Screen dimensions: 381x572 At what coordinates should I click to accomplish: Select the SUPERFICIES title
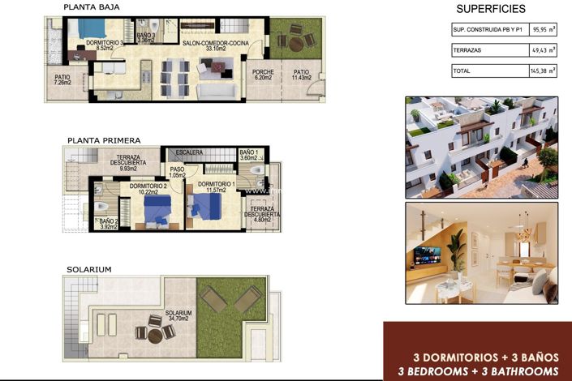490,9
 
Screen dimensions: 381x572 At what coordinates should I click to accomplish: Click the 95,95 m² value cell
544,30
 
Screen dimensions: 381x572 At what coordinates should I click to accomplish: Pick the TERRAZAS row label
470,50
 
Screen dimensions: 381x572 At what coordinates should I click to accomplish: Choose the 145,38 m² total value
544,71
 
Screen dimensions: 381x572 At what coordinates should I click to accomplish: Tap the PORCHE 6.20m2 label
261,75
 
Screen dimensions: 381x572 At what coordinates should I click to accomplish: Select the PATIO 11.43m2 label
301,75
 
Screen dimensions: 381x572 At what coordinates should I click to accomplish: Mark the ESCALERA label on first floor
188,152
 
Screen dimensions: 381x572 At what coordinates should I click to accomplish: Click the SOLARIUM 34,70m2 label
178,316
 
